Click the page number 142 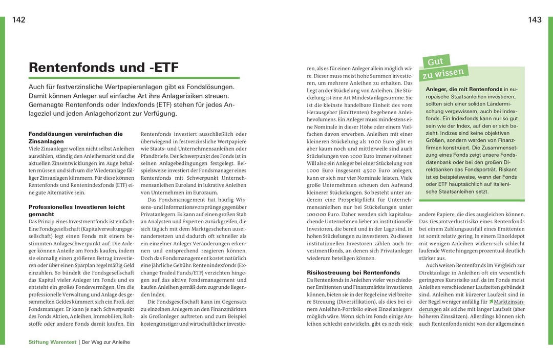coord(19,20)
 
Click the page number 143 coord(535,20)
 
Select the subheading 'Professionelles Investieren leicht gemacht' coord(77,210)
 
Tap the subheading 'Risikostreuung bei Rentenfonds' coord(353,272)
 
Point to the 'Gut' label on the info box coord(435,61)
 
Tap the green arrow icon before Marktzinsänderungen coord(491,302)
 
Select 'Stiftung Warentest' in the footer coord(52,342)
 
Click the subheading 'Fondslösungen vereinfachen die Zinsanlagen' coord(75,137)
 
